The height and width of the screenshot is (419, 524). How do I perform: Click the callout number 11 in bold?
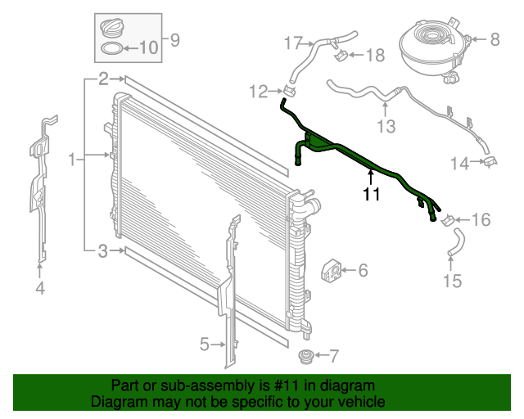click(x=372, y=194)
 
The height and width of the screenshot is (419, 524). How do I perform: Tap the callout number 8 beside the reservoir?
click(x=494, y=38)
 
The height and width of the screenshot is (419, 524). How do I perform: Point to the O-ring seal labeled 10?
click(x=112, y=50)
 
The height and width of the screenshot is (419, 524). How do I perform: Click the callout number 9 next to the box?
click(x=174, y=38)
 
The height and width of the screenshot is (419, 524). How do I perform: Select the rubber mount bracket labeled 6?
click(x=333, y=269)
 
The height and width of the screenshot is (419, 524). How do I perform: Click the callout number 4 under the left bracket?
click(x=39, y=287)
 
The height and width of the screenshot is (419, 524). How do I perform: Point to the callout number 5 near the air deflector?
click(x=205, y=345)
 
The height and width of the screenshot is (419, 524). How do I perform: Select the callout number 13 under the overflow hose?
click(x=386, y=126)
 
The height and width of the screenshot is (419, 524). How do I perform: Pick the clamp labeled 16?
click(x=449, y=219)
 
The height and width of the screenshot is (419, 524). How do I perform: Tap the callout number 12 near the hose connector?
click(x=259, y=91)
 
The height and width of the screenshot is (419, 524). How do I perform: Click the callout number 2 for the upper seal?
click(x=103, y=79)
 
